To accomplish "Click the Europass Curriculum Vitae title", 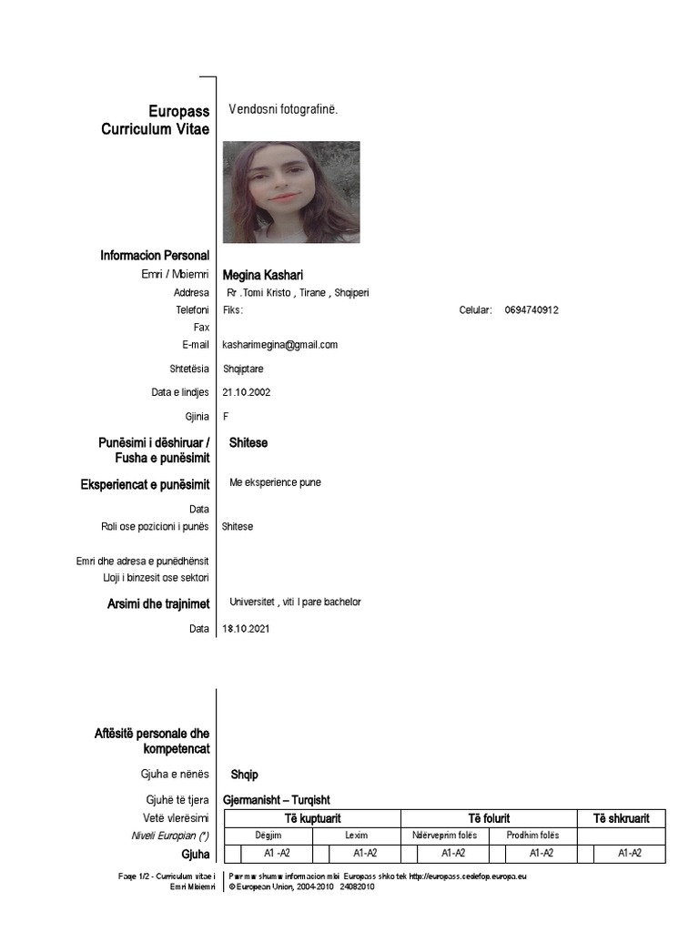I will click(155, 120).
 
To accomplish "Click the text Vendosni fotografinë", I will click(283, 109).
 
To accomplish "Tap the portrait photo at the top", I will click(291, 192).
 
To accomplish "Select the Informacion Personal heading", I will click(155, 256).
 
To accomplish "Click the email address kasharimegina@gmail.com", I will click(280, 345).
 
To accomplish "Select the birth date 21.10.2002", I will click(246, 392).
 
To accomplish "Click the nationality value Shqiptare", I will click(244, 369).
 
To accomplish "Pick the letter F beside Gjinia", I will click(226, 416).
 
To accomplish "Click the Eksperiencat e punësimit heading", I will click(145, 485).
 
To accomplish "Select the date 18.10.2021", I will click(246, 628).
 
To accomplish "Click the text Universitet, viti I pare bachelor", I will click(296, 603).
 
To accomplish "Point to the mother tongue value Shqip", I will click(245, 775).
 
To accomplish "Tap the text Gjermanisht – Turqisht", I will click(277, 799).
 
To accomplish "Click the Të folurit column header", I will click(489, 818).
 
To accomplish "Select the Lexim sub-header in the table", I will click(357, 836).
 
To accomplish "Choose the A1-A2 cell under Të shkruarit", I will click(630, 854).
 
